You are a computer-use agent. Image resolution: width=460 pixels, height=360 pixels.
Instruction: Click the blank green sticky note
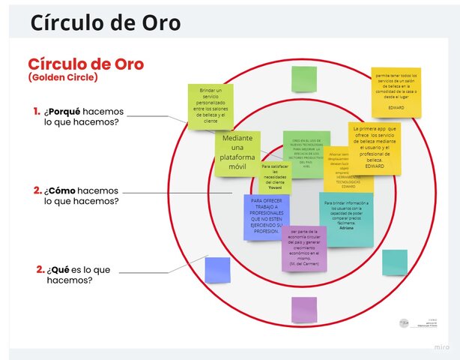coord(303,79)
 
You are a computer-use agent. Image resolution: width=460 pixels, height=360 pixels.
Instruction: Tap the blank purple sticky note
coord(303,309)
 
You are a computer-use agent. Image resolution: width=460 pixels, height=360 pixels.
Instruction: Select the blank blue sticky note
coord(217,270)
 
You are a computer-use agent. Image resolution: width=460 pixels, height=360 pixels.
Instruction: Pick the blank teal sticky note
coord(394,262)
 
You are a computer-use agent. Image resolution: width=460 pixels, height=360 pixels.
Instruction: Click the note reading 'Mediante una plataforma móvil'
coord(237,153)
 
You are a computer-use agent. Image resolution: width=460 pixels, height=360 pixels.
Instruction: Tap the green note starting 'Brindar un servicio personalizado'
coord(210,106)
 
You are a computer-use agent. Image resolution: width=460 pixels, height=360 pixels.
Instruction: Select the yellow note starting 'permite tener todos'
coord(396,92)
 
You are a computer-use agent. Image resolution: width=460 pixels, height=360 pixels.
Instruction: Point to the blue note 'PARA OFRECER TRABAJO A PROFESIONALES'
coord(266,217)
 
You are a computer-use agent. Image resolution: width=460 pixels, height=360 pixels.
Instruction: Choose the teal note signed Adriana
coord(346,218)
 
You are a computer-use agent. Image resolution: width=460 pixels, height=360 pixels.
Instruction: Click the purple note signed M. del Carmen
coord(303,248)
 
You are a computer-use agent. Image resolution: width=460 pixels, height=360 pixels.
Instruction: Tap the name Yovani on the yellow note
coord(275,187)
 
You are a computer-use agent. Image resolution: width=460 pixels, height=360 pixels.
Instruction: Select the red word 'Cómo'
coord(69,190)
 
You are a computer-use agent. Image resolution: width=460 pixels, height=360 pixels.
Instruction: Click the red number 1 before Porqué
coord(36,112)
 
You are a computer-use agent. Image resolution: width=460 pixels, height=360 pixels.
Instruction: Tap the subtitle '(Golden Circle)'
coord(63,77)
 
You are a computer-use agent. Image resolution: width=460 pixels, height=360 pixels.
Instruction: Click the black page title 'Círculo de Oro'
coord(105,22)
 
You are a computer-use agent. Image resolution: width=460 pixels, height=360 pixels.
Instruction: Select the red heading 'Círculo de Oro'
coord(85,64)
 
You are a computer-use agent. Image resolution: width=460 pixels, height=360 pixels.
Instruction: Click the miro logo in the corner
coord(442,347)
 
